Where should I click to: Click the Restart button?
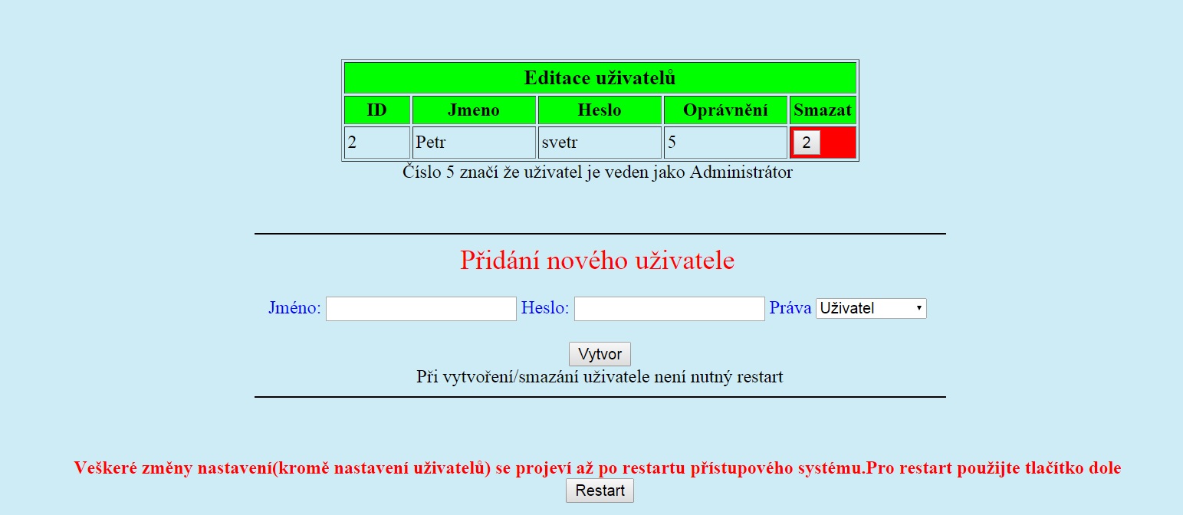point(600,490)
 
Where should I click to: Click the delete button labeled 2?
point(807,143)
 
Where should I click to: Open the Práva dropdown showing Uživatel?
point(871,308)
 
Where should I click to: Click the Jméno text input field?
point(421,309)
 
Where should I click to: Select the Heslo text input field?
point(669,309)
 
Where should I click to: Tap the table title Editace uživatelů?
point(600,78)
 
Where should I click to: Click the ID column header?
point(377,110)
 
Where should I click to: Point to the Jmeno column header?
point(474,110)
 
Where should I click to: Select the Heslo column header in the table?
point(600,110)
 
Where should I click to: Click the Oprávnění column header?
point(725,110)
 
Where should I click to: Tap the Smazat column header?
point(823,110)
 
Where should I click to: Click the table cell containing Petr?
point(474,143)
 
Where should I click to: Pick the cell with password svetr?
point(600,143)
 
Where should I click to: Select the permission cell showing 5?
point(725,143)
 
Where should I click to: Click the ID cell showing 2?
point(377,143)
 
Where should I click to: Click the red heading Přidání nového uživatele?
point(597,260)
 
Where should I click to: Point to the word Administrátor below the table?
point(741,172)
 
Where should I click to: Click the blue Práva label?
point(790,307)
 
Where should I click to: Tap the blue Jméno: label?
point(294,307)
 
